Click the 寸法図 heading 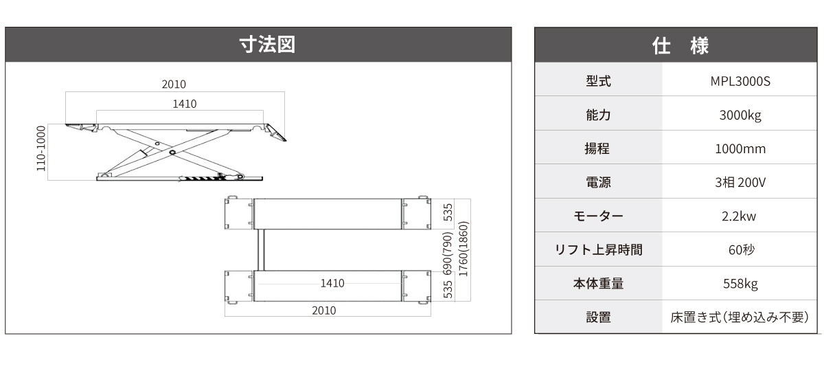pos(257,45)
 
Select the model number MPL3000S pos(741,81)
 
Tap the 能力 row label pos(598,115)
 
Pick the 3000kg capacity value pos(741,115)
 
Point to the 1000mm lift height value pos(741,149)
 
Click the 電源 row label pos(598,183)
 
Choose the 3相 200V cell pos(741,183)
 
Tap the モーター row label pos(598,216)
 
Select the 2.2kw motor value pos(741,216)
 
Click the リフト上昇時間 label pos(598,250)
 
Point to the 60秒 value pos(741,250)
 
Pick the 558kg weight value pos(741,284)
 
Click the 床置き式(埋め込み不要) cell pos(741,317)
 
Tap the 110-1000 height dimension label pos(41,148)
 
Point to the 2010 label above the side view pos(174,85)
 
